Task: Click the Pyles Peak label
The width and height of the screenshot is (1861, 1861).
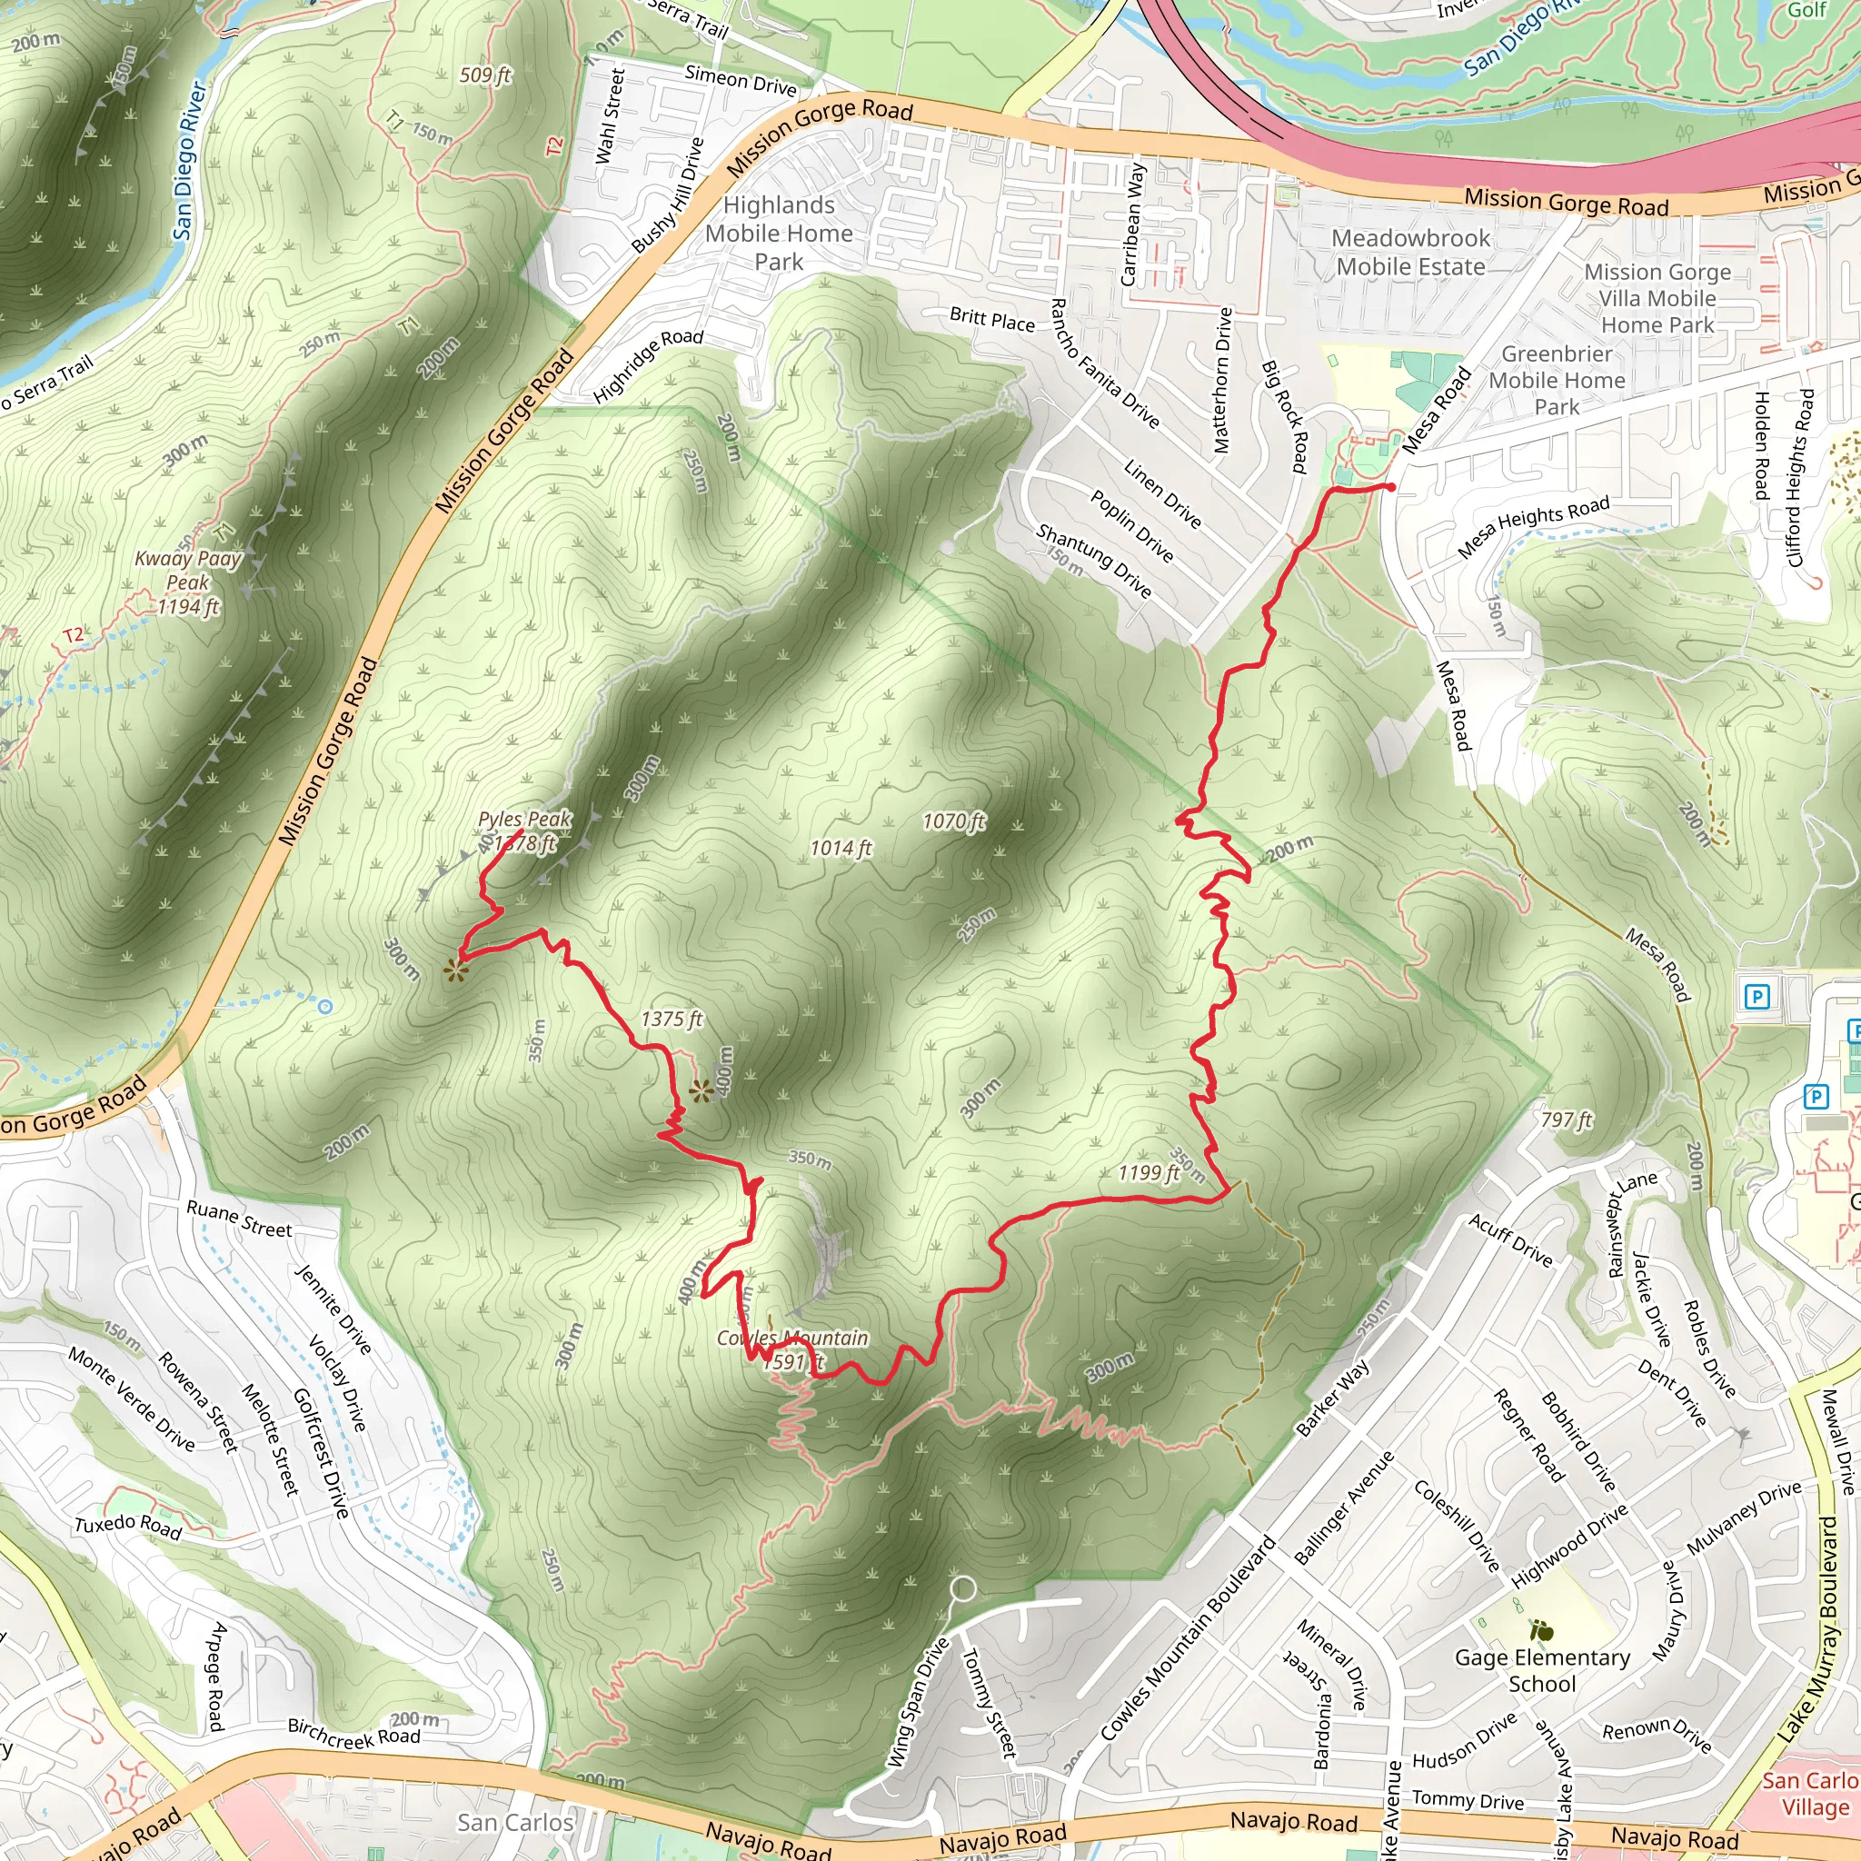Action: pyautogui.click(x=524, y=820)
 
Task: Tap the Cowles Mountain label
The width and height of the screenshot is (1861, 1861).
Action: pyautogui.click(x=791, y=1339)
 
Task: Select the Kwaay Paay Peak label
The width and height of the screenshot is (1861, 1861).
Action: pyautogui.click(x=188, y=582)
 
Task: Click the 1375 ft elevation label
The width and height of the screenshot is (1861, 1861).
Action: pyautogui.click(x=672, y=1020)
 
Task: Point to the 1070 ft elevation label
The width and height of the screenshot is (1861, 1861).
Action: pyautogui.click(x=953, y=821)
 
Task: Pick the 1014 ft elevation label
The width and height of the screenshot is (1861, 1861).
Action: pyautogui.click(x=840, y=848)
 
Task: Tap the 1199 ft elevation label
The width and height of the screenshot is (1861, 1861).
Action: pyautogui.click(x=1149, y=1172)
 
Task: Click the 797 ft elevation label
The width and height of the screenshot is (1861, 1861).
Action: pyautogui.click(x=1567, y=1120)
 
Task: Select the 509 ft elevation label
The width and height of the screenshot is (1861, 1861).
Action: pyautogui.click(x=485, y=75)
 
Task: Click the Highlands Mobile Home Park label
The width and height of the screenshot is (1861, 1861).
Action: pyautogui.click(x=779, y=234)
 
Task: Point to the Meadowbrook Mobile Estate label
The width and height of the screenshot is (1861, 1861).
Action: pyautogui.click(x=1410, y=253)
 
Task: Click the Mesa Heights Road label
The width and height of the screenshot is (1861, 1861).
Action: pyautogui.click(x=1533, y=526)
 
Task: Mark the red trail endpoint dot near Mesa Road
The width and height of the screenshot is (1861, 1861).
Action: pyautogui.click(x=1391, y=487)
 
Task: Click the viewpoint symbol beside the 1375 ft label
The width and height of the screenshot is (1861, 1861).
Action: pyautogui.click(x=702, y=1090)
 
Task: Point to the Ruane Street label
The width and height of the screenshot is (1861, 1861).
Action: pyautogui.click(x=239, y=1219)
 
